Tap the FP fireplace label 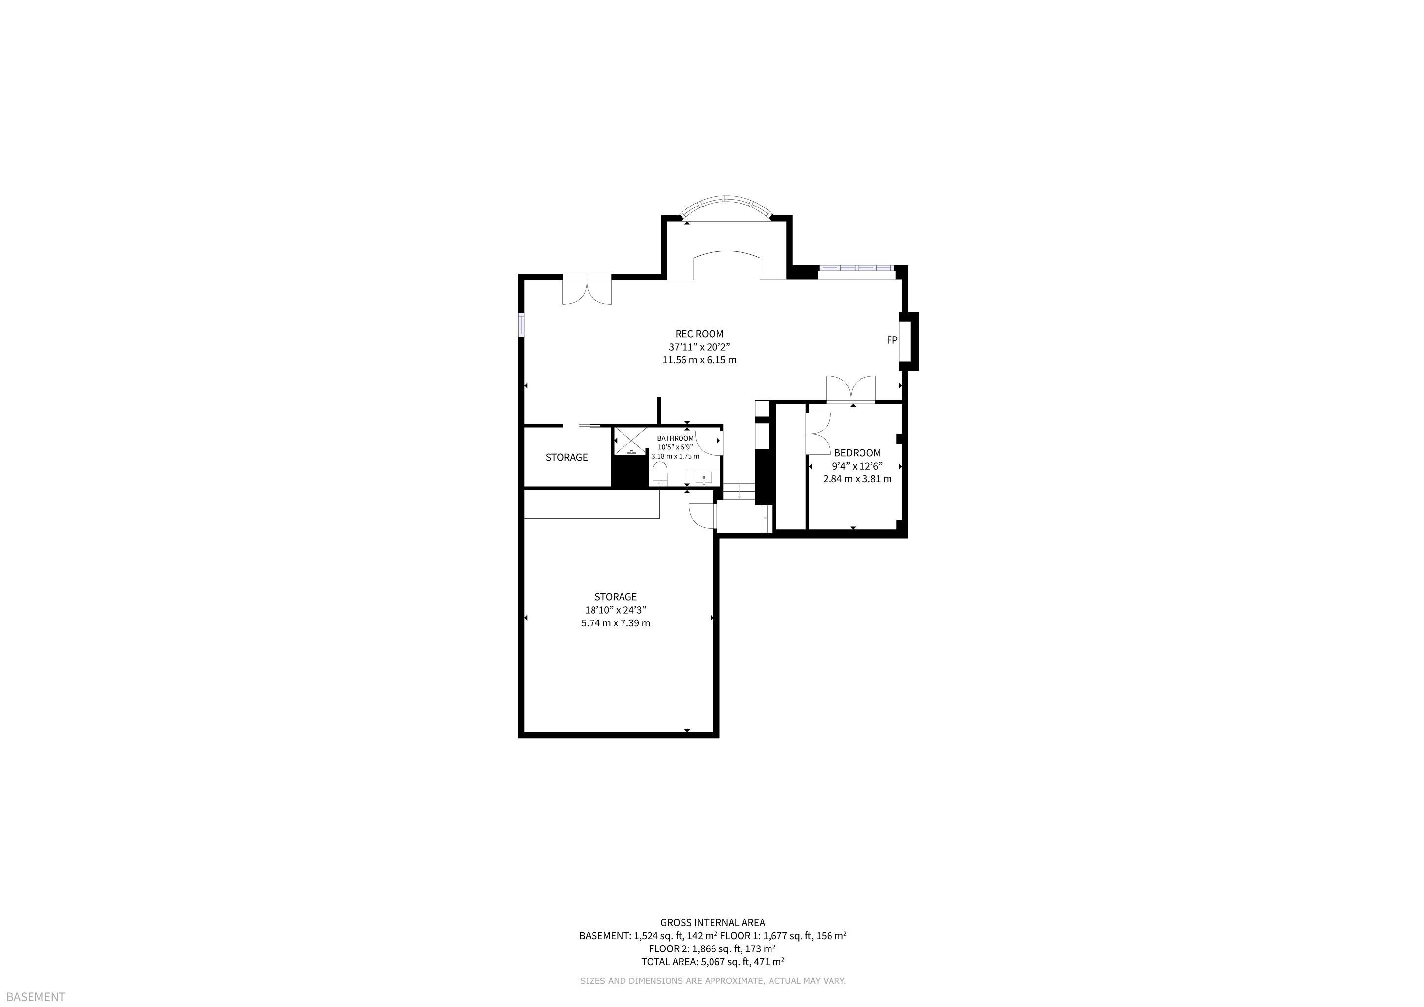(x=892, y=340)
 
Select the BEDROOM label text (x=857, y=453)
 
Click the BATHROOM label (x=676, y=438)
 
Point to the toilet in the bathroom (x=659, y=473)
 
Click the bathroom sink (x=703, y=477)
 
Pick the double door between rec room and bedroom (x=851, y=389)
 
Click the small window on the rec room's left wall (x=522, y=325)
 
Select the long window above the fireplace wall (x=857, y=268)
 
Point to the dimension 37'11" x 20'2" (x=699, y=347)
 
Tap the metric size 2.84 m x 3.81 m (x=857, y=479)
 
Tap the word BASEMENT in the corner (x=35, y=997)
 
